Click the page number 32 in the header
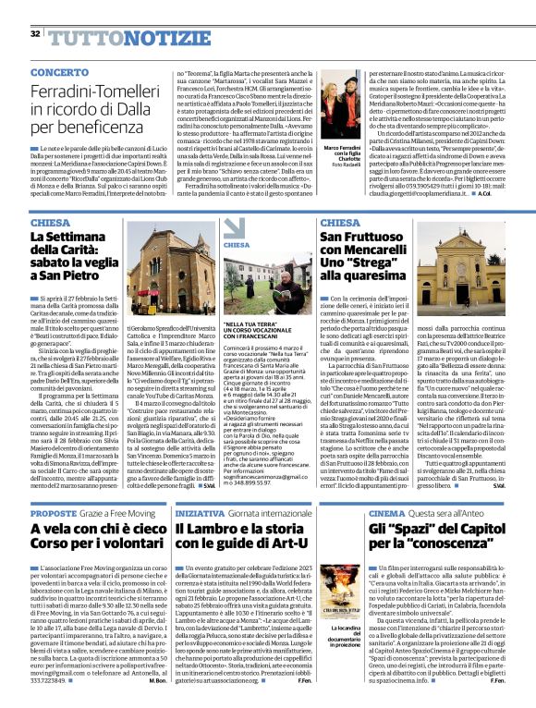(x=35, y=33)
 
